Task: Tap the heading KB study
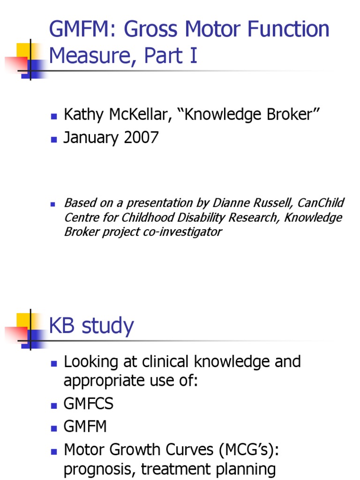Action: [91, 326]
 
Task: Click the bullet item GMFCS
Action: [89, 404]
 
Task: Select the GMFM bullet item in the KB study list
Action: [85, 427]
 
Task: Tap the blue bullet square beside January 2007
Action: [54, 139]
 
